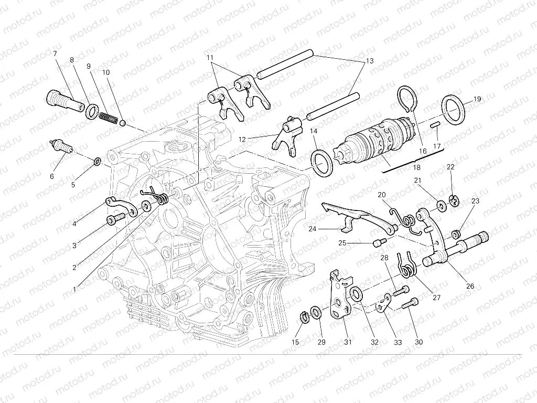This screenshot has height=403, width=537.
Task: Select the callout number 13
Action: coord(370,61)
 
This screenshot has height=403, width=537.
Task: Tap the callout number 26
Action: coord(470,286)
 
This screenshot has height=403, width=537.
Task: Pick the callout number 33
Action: coord(398,342)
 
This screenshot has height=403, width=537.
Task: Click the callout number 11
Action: coord(210,57)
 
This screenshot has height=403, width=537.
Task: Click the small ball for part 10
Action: coord(122,123)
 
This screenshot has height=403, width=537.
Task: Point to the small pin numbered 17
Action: coord(435,125)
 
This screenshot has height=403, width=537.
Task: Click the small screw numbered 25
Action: coord(379,242)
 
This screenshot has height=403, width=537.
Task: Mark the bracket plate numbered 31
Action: coord(338,297)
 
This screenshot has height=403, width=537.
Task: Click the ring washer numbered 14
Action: coord(321,163)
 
